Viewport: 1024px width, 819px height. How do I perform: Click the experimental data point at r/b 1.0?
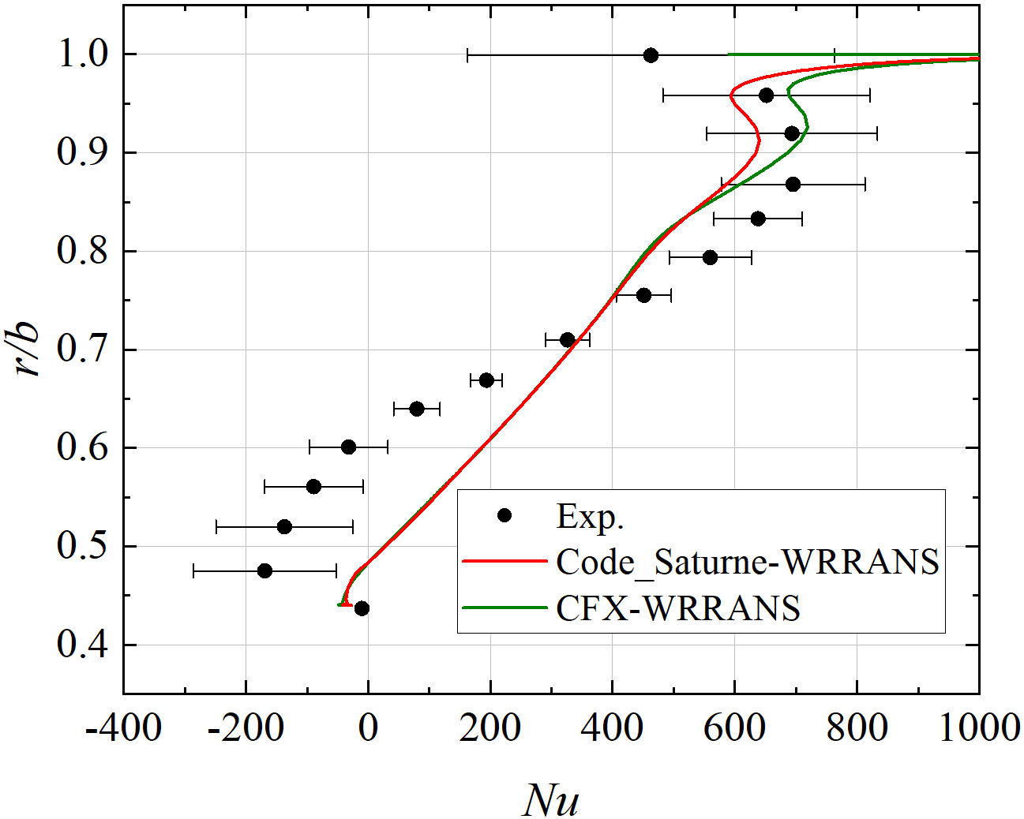[x=651, y=55]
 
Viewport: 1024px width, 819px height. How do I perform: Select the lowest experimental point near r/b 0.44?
[x=362, y=608]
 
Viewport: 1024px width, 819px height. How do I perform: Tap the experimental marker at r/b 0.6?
[x=348, y=447]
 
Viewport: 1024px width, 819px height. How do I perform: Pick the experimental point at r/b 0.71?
[x=567, y=340]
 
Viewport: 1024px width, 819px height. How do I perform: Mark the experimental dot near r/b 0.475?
[x=264, y=570]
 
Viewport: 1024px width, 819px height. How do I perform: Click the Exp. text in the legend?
[x=590, y=516]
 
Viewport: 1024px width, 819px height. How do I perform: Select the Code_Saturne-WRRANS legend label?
[x=747, y=562]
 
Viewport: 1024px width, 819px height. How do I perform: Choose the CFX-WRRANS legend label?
[x=677, y=608]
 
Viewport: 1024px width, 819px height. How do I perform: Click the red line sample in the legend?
[x=504, y=562]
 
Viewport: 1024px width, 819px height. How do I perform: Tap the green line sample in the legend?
[x=504, y=608]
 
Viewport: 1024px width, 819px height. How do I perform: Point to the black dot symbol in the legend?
[x=504, y=515]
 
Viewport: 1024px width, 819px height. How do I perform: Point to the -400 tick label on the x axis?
[x=123, y=727]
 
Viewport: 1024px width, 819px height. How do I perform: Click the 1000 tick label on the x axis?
[x=979, y=727]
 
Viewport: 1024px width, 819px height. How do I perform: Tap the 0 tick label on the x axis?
[x=368, y=727]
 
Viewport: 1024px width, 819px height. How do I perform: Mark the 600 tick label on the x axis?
[x=734, y=727]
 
